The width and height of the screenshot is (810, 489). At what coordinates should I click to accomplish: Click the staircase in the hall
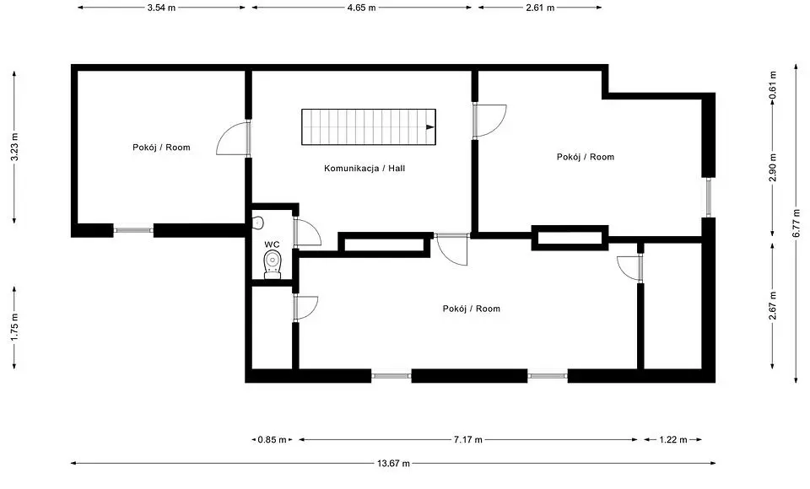[x=369, y=126]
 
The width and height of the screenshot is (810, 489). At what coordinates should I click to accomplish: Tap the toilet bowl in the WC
[x=273, y=264]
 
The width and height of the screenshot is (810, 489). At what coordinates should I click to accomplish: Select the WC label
[x=273, y=244]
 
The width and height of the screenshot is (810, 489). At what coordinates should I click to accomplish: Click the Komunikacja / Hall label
[x=364, y=169]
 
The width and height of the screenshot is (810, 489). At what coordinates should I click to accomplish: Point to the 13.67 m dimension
[x=393, y=463]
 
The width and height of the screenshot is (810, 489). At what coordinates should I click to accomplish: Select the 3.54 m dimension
[x=161, y=8]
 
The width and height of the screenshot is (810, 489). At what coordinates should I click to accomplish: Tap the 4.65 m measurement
[x=361, y=8]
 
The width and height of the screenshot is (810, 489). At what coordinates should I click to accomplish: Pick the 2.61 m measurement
[x=540, y=8]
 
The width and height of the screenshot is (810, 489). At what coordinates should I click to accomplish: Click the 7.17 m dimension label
[x=468, y=440]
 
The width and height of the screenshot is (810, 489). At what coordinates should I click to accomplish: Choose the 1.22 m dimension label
[x=673, y=440]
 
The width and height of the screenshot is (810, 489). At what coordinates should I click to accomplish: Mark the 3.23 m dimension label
[x=14, y=148]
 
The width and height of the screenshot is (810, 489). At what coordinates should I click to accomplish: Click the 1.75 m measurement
[x=14, y=328]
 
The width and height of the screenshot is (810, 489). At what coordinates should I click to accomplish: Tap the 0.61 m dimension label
[x=773, y=85]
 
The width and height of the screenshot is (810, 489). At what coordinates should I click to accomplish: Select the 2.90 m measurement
[x=773, y=168]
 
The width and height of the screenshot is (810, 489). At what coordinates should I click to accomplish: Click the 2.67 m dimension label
[x=773, y=306]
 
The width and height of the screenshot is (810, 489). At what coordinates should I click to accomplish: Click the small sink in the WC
[x=258, y=223]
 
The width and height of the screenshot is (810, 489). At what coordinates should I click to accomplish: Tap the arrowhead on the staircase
[x=429, y=127]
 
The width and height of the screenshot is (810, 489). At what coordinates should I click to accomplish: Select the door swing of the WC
[x=310, y=231]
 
